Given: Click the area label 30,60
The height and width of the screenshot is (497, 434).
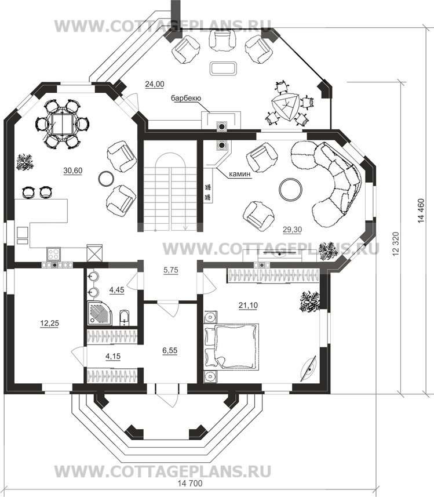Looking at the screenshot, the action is click(73, 170).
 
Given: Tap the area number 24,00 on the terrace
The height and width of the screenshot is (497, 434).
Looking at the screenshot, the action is click(155, 84).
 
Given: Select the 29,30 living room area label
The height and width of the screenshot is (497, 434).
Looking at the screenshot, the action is click(293, 230).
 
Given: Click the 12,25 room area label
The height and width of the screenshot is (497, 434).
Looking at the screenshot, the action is click(49, 323).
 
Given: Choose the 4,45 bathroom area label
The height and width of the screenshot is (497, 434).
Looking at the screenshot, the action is click(116, 290).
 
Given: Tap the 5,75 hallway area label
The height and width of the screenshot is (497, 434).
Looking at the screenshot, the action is click(170, 270).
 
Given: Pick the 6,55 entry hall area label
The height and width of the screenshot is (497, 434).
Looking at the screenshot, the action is click(169, 350).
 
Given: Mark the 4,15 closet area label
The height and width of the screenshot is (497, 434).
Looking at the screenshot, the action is click(113, 356).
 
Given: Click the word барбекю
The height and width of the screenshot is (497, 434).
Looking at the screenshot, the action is click(186, 98).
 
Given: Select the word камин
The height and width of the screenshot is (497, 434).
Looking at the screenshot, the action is click(240, 174).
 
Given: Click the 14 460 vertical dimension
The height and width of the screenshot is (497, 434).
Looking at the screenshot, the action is click(421, 212).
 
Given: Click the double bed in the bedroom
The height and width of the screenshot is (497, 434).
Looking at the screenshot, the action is click(232, 346).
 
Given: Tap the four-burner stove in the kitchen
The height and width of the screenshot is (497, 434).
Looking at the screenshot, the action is click(53, 253).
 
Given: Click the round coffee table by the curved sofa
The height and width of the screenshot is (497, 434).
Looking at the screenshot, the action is click(290, 189).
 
